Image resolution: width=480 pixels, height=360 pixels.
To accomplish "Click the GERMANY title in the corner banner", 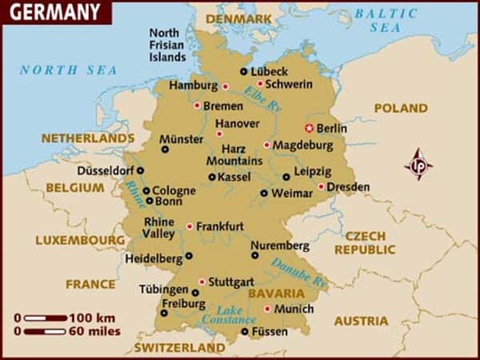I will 54,12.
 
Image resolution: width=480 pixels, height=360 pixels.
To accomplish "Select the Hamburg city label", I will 193,86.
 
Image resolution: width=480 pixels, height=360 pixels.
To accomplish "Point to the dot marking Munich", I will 267,309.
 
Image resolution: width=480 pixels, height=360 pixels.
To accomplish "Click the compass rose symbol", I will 418,164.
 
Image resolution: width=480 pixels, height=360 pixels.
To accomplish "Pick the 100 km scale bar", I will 46,318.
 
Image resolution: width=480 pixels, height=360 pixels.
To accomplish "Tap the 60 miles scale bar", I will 46,330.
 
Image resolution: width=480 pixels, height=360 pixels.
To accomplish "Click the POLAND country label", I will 400,108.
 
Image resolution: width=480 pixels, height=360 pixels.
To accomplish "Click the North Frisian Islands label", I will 168,45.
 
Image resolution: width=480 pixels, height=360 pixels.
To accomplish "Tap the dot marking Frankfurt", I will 190,226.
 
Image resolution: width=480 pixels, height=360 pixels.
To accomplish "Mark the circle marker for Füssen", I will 245,330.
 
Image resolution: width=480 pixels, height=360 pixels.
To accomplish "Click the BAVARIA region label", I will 276,294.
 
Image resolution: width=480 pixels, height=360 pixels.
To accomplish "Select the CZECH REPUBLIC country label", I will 365,243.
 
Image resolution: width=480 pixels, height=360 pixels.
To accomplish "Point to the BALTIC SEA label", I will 386,20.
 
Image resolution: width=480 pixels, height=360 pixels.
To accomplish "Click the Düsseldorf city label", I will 105,170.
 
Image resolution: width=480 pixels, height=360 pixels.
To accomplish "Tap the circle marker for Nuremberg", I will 255,256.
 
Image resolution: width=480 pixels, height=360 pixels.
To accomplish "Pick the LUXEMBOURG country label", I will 80,240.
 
